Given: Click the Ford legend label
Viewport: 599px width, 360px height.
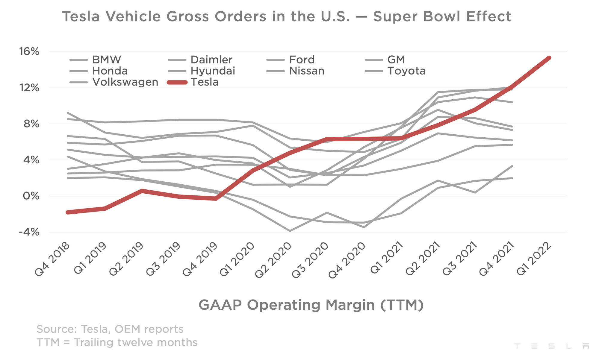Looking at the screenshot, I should (x=302, y=60).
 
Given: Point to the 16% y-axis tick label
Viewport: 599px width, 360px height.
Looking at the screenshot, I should (x=29, y=52).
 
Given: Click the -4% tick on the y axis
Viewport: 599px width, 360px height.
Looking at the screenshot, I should (x=29, y=232).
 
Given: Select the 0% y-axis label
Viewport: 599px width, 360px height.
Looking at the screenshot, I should (x=31, y=196).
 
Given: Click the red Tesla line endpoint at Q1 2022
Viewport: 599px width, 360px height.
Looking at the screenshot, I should (x=549, y=58).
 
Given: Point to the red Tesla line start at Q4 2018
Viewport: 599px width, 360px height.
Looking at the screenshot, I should (x=68, y=212).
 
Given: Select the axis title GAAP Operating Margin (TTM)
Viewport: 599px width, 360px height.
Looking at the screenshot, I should (x=311, y=305).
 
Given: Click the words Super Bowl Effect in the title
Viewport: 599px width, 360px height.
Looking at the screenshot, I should (x=442, y=16).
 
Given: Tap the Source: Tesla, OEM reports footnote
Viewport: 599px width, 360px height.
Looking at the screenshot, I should (x=110, y=329).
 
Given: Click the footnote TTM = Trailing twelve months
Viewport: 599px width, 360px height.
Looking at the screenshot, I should (x=117, y=342).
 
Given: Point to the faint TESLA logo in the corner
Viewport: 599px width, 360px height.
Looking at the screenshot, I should (x=551, y=346).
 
